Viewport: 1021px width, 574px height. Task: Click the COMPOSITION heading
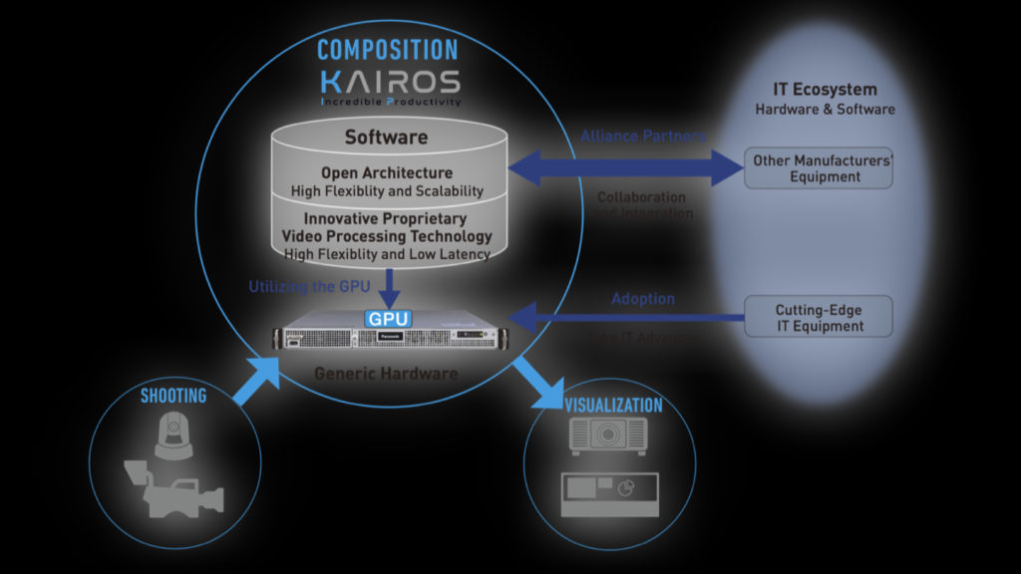[387, 49]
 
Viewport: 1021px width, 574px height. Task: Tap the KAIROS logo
[390, 82]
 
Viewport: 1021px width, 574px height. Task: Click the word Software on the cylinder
[386, 138]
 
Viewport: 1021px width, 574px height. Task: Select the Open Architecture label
[386, 172]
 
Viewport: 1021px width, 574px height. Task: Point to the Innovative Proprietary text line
[386, 219]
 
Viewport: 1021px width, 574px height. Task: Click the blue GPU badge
[388, 320]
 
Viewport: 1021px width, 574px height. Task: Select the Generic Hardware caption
[386, 375]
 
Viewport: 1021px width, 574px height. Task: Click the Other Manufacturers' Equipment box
[819, 168]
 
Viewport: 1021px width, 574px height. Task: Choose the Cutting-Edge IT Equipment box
[819, 318]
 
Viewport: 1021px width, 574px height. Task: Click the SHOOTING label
[173, 396]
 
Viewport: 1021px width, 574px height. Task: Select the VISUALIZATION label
[613, 406]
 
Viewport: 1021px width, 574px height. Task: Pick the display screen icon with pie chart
[608, 491]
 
